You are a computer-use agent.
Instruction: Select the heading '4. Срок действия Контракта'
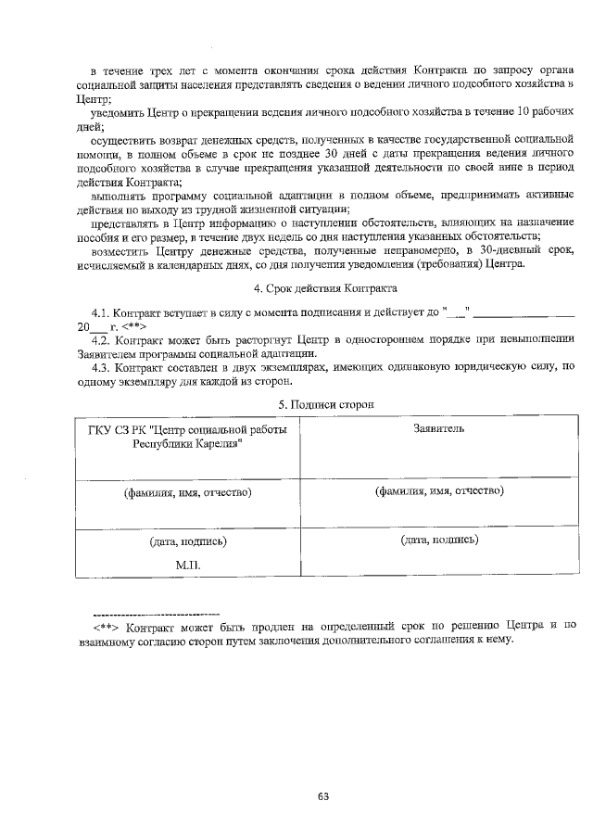click(324, 288)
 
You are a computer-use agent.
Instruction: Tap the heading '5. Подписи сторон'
click(327, 405)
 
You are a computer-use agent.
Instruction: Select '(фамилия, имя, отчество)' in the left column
click(188, 492)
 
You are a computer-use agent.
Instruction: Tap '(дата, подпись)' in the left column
click(188, 540)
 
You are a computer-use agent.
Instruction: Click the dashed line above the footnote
click(156, 614)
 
